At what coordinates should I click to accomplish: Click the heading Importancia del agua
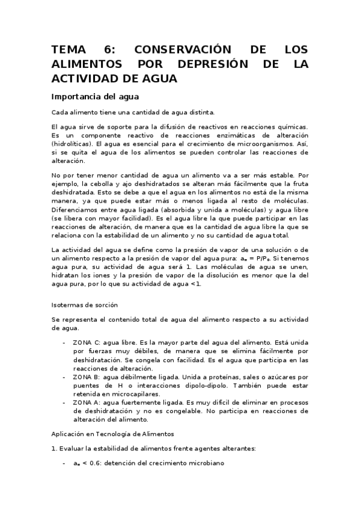(x=95, y=96)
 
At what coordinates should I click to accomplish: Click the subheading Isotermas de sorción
(x=84, y=305)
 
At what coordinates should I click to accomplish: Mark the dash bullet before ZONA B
(x=65, y=376)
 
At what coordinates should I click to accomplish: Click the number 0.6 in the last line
(x=97, y=465)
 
